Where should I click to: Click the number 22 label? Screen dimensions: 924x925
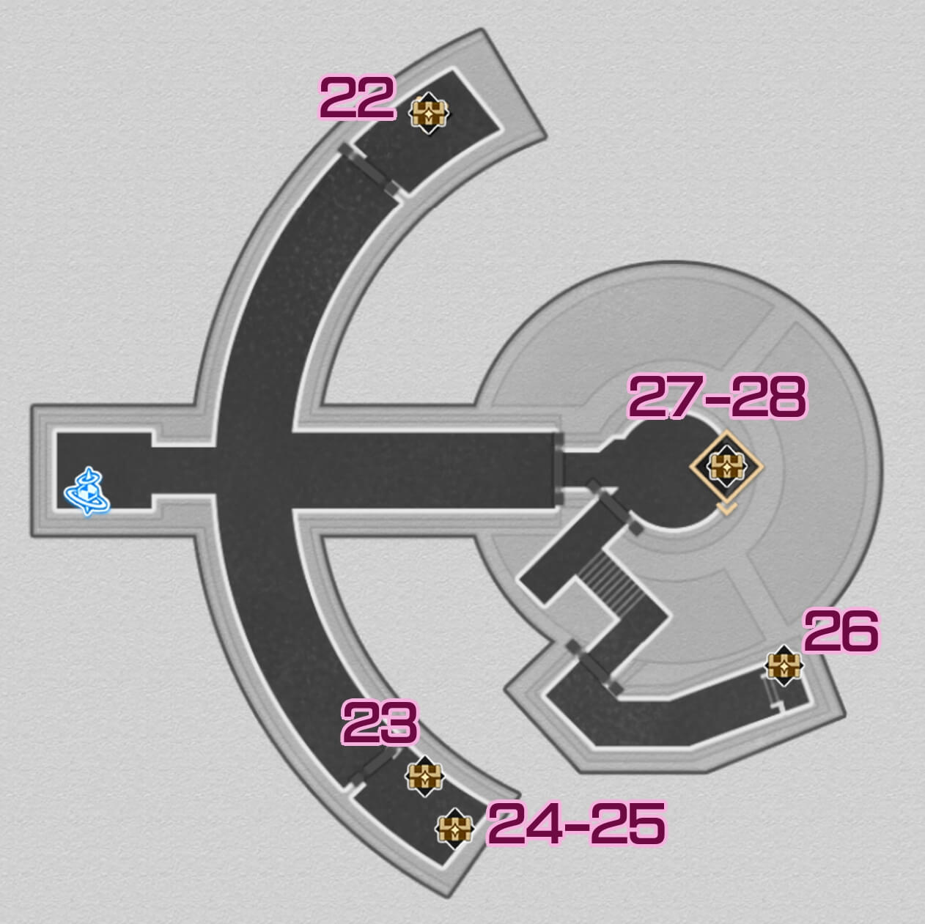358,98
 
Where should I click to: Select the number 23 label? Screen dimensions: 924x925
380,722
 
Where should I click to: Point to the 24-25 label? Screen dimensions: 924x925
576,823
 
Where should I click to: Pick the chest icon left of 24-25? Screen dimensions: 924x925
454,828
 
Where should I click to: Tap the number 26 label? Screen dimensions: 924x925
841,631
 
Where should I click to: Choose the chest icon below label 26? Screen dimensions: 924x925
784,666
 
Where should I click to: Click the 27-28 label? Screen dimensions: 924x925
717,398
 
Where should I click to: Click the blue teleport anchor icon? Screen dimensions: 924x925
88,491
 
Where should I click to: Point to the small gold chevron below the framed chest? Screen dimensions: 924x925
726,508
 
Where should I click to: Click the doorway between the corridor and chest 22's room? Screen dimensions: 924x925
370,169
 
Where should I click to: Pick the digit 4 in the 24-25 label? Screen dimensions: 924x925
543,823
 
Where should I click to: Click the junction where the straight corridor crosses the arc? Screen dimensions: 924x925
257,469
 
